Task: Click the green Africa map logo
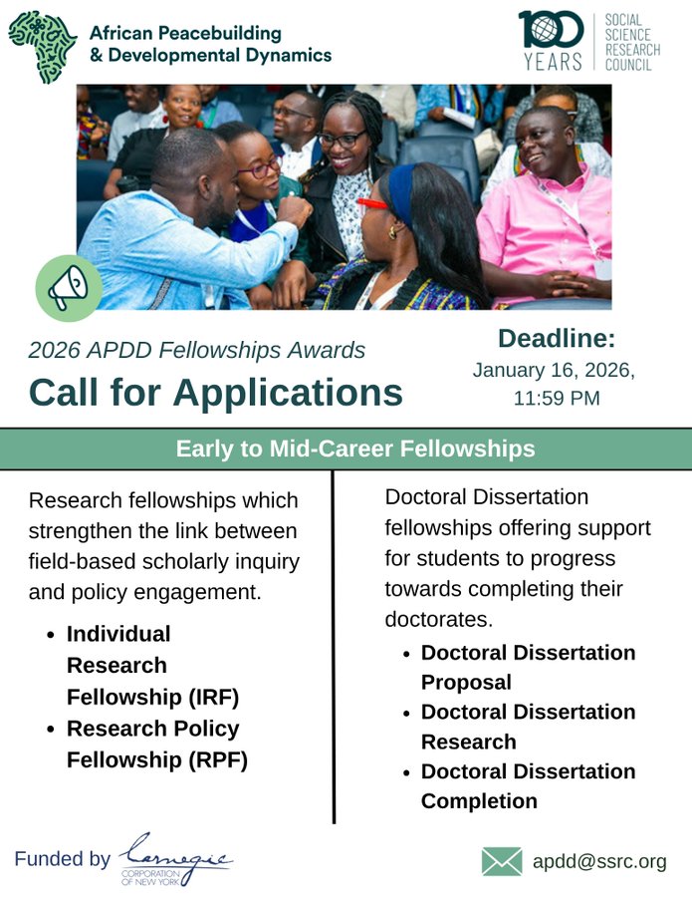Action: click(x=44, y=47)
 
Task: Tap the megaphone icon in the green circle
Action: click(x=69, y=287)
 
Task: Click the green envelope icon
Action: click(x=502, y=861)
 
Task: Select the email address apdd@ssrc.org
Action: click(x=599, y=861)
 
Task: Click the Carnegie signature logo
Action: click(x=175, y=858)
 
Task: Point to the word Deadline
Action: click(x=557, y=338)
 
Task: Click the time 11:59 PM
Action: click(x=557, y=398)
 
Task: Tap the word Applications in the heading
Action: click(x=288, y=394)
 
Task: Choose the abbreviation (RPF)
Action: click(x=221, y=760)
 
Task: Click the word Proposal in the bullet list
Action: click(x=466, y=683)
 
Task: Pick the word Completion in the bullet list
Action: click(x=480, y=801)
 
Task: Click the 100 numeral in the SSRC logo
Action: click(x=551, y=29)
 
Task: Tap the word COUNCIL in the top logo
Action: click(x=628, y=65)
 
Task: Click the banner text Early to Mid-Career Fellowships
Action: click(x=355, y=449)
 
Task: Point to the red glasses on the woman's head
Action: click(x=372, y=203)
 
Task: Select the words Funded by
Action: click(x=63, y=859)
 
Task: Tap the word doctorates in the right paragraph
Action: click(x=439, y=619)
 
